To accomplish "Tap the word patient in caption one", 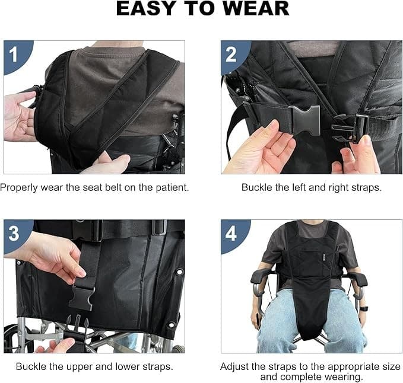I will [169, 187].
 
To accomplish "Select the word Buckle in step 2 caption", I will [255, 187].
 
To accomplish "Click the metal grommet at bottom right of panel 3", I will [172, 324].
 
